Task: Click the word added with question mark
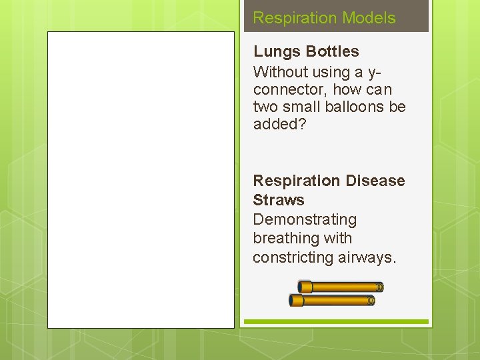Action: (279, 125)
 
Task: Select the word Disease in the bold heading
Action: (375, 181)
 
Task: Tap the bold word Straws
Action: (279, 200)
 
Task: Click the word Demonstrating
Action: (305, 219)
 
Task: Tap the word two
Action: (264, 107)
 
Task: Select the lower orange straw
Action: (333, 301)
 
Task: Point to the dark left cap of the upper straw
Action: (305, 287)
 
